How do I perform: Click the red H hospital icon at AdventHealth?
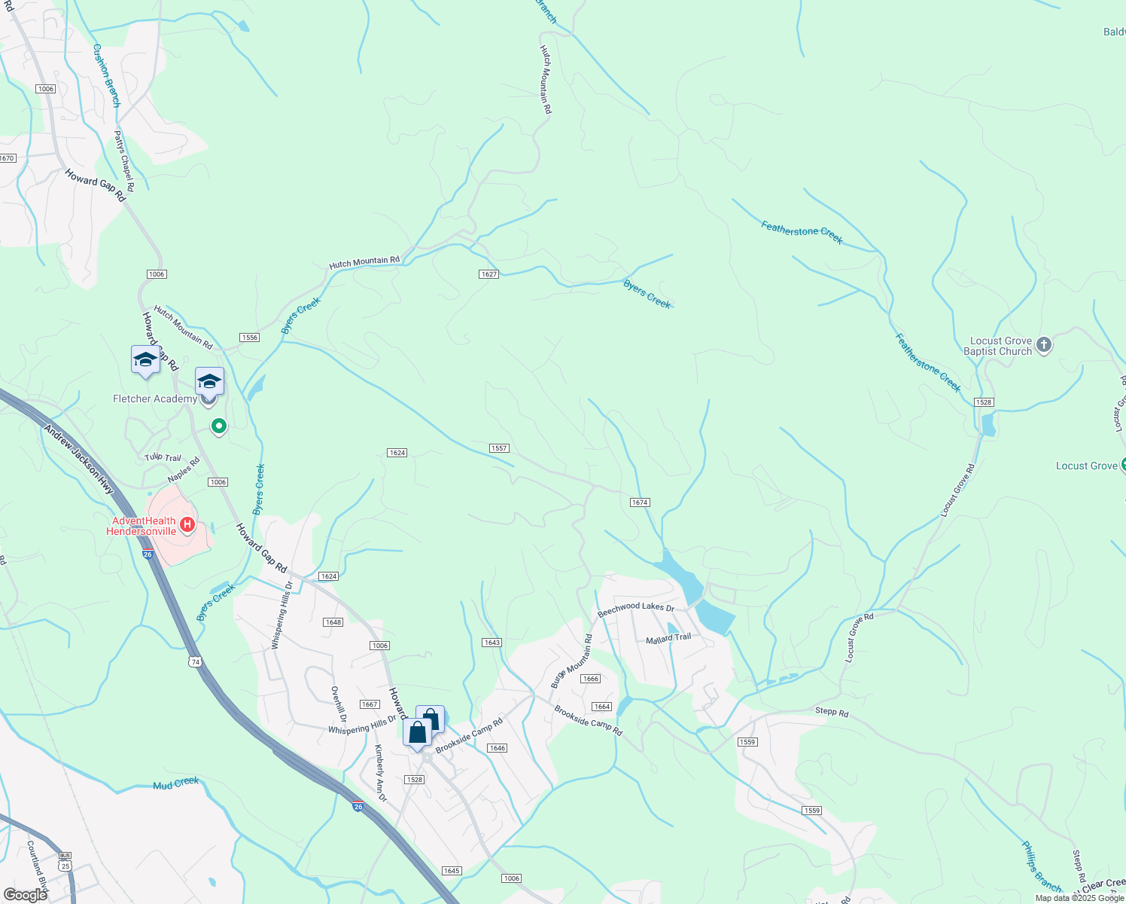(188, 525)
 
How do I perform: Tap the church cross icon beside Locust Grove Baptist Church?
(1043, 345)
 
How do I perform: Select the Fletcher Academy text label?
(154, 399)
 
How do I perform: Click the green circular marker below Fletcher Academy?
(219, 426)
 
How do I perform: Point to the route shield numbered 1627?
(488, 274)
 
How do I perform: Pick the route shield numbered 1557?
(499, 448)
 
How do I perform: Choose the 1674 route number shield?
(640, 502)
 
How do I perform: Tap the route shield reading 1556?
(250, 337)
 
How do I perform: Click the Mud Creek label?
(176, 783)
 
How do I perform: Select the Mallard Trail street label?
(668, 638)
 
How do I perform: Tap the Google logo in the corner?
(25, 894)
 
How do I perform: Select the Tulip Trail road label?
(163, 457)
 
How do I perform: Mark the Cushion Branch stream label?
(106, 75)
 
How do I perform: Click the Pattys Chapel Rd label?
(123, 160)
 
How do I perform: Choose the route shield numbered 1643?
(491, 643)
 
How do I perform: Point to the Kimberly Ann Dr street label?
(380, 772)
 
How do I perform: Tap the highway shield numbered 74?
(196, 661)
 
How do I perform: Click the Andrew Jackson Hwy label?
(78, 460)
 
